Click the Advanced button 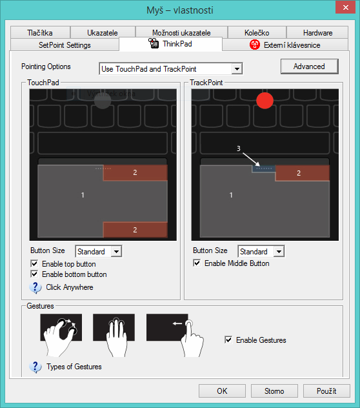click(309, 66)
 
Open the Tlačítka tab click(40, 32)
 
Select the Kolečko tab click(257, 32)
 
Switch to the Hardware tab click(317, 32)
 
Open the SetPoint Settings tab click(65, 45)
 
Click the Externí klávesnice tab click(285, 45)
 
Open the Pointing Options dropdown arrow click(237, 69)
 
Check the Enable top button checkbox click(34, 263)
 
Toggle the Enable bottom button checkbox click(34, 274)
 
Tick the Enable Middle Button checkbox click(197, 263)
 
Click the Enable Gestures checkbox click(228, 340)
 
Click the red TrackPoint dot click(265, 101)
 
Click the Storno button click(274, 391)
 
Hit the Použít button click(326, 391)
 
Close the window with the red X click(345, 7)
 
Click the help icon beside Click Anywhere click(35, 288)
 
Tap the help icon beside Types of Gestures click(35, 367)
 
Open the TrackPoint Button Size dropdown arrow click(279, 251)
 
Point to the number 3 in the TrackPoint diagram click(239, 148)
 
